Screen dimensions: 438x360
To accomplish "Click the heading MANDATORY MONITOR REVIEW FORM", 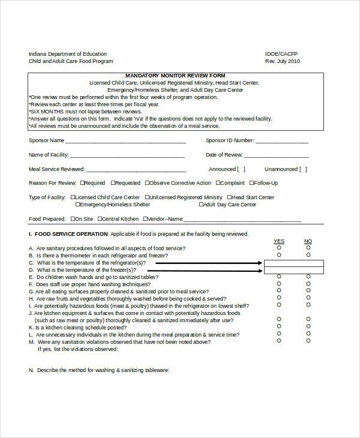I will click(x=175, y=76).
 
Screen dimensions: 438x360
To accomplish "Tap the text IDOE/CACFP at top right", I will click(x=281, y=54).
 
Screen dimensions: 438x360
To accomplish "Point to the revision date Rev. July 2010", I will click(x=283, y=61).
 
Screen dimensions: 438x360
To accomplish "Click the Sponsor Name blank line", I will click(x=125, y=142).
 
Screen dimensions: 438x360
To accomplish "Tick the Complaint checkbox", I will click(x=219, y=183).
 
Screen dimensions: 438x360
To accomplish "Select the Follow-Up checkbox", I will click(x=252, y=183).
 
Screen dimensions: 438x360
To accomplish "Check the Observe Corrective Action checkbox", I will click(x=146, y=183).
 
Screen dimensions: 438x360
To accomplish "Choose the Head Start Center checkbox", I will click(x=228, y=197).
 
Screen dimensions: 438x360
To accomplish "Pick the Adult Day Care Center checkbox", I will click(x=201, y=205).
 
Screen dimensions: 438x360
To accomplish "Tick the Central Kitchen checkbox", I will click(x=100, y=219).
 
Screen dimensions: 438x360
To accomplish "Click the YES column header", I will click(x=279, y=241).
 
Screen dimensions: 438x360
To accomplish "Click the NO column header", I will click(x=308, y=241).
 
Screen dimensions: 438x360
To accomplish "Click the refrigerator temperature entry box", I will click(x=294, y=263).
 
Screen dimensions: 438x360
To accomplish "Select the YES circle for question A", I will click(x=279, y=248).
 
